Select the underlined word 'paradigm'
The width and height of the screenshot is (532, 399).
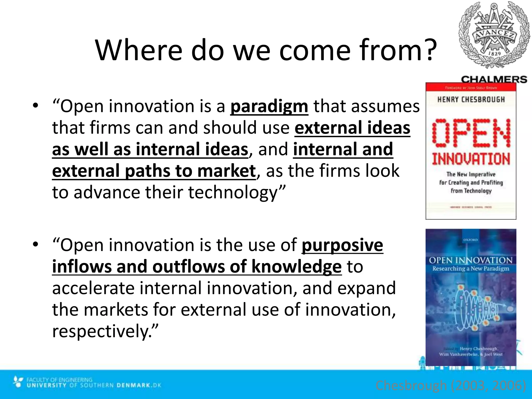click(x=269, y=107)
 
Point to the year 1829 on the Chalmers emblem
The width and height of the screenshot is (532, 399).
click(x=494, y=54)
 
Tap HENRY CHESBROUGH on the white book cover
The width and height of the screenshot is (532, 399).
click(x=471, y=100)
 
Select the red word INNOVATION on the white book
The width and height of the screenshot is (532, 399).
click(x=471, y=159)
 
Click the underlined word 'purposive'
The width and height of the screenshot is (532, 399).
click(x=342, y=245)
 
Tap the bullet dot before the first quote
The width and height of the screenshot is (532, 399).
click(x=36, y=105)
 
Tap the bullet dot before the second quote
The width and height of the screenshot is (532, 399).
click(x=36, y=244)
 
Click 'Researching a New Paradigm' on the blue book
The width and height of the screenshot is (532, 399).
click(x=471, y=269)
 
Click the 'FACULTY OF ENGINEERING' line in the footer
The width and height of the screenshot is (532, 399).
click(x=59, y=380)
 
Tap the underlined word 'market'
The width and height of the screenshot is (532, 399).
click(x=226, y=171)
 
